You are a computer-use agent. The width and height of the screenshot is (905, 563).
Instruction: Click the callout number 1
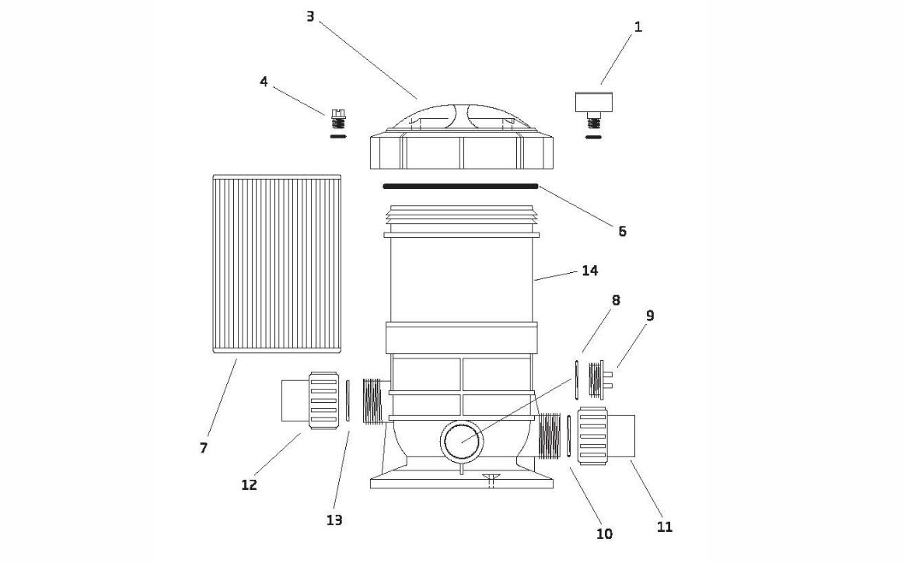click(x=638, y=27)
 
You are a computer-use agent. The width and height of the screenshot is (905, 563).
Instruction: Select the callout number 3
click(x=310, y=17)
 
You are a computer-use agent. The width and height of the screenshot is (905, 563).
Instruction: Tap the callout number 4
click(x=264, y=82)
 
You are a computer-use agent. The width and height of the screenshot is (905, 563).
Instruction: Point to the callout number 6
click(x=622, y=232)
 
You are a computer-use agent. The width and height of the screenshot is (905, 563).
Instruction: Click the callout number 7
click(x=203, y=448)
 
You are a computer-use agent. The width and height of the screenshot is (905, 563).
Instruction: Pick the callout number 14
click(x=590, y=271)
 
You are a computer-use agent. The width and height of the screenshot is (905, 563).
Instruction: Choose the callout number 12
click(x=249, y=485)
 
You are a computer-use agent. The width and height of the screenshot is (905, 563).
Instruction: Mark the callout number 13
click(x=334, y=520)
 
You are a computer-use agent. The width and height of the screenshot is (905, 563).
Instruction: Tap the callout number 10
click(x=604, y=534)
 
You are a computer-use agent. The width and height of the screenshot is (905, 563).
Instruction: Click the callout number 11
click(x=664, y=527)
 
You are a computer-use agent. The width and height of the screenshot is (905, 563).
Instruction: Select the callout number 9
click(x=650, y=316)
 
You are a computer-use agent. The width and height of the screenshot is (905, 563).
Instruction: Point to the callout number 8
click(x=616, y=300)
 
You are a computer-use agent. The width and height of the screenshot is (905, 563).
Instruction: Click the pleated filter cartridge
click(x=277, y=264)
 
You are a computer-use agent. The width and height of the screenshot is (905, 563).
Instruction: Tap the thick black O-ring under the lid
click(x=460, y=186)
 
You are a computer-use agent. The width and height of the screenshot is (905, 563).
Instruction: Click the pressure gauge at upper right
click(x=594, y=110)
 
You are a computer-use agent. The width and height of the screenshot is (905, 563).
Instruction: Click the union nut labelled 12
click(x=323, y=400)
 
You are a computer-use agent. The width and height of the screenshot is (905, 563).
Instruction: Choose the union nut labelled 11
click(x=592, y=436)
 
